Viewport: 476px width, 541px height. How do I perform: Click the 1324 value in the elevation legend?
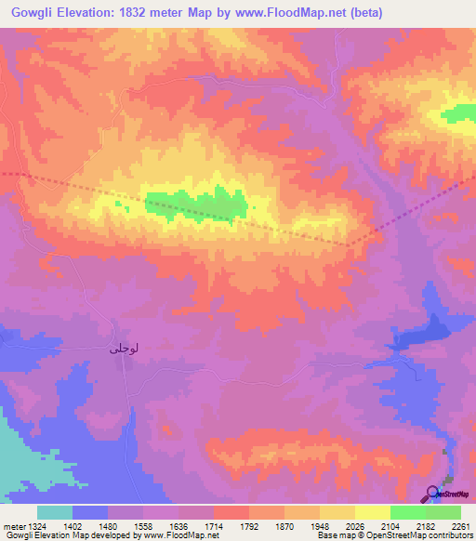(x=27, y=526)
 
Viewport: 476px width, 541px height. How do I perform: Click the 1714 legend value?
(x=213, y=526)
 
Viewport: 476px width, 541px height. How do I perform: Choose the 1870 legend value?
(x=285, y=526)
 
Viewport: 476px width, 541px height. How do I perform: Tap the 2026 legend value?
(x=359, y=526)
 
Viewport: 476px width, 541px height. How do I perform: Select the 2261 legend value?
(x=460, y=526)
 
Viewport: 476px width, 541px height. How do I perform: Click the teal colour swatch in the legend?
(x=54, y=512)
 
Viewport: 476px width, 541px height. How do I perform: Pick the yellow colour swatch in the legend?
(x=372, y=512)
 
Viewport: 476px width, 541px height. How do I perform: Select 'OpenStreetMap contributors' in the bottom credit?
(x=423, y=535)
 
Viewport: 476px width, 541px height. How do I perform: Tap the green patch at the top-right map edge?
(x=458, y=112)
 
